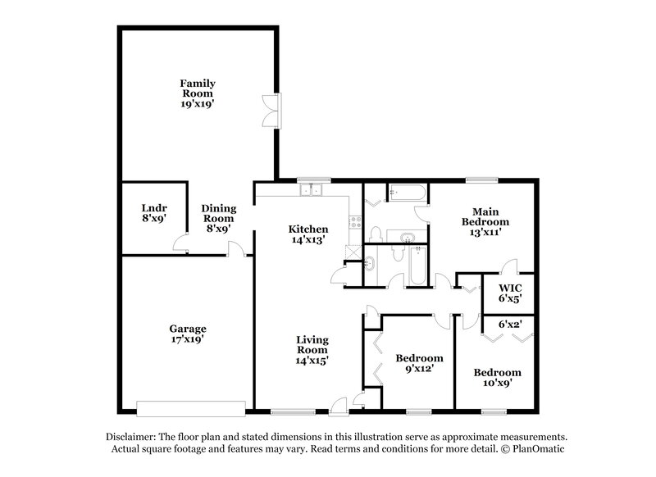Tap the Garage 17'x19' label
point(188,334)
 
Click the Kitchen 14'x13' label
point(308,234)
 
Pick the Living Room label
point(312,348)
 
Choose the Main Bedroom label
point(485,221)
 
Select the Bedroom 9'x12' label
point(419,363)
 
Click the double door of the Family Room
point(271,110)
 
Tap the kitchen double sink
point(312,191)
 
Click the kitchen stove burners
point(355,220)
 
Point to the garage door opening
point(191,407)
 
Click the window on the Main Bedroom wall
point(477,179)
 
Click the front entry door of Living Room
point(338,403)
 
